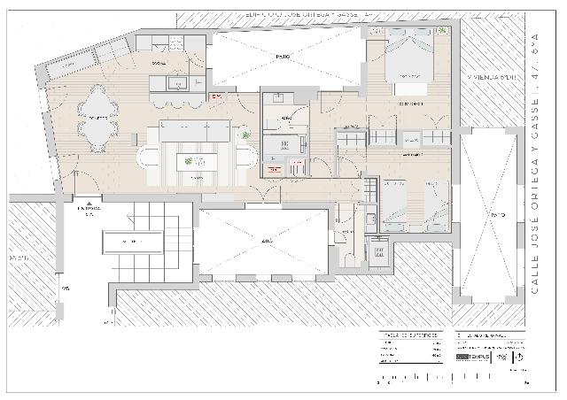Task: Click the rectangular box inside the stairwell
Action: (x=135, y=240)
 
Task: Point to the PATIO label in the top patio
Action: (x=283, y=57)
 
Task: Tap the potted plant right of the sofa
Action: (x=246, y=135)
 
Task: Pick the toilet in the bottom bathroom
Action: (x=349, y=256)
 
